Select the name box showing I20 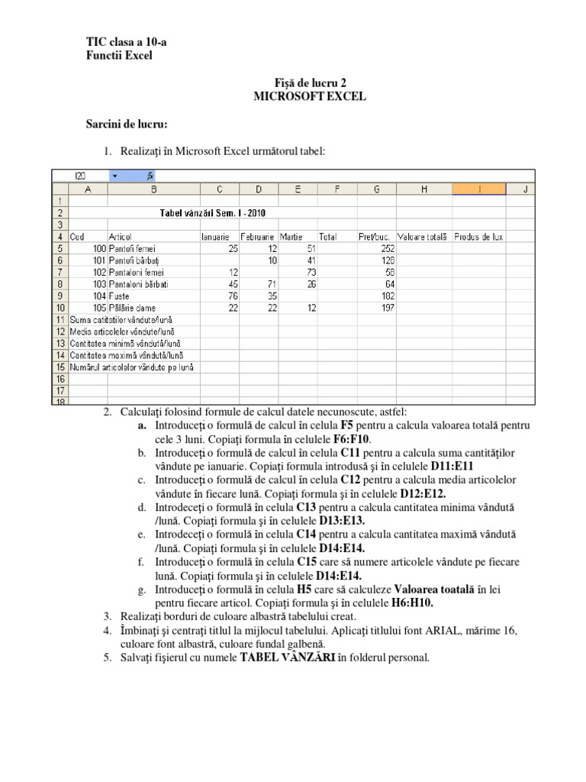80,176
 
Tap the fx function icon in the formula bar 150,176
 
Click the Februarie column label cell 258,237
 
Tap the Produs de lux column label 478,237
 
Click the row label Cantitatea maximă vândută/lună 126,355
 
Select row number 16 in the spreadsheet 60,378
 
